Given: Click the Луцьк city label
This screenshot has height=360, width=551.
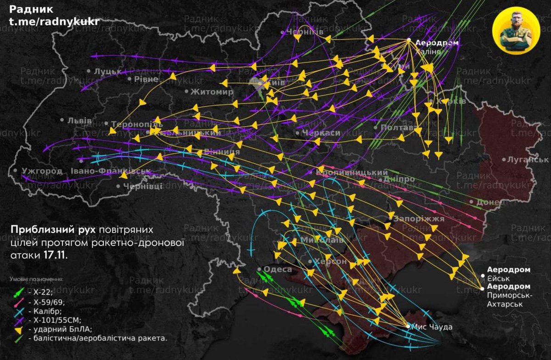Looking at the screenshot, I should pos(107,72).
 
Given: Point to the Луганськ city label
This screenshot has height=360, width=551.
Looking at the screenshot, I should pos(529,160).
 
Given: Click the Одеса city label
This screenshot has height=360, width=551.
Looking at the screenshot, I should pos(277,270).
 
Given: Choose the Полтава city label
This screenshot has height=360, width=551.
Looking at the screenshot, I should pos(399,127).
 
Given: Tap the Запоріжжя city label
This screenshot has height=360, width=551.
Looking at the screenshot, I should pos(419,219).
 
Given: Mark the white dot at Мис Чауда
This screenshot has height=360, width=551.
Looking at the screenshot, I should pos(408,326).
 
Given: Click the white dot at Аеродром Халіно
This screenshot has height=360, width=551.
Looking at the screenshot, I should pos(408,40).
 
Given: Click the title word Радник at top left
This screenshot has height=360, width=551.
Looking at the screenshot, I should pos(31,9).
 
